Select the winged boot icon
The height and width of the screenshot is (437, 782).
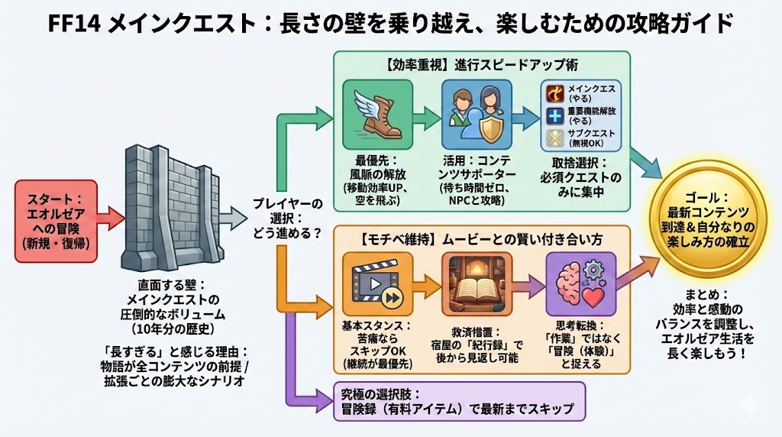[378, 114]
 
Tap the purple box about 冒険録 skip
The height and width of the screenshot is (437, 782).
[458, 401]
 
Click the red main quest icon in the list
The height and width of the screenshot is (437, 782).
[554, 93]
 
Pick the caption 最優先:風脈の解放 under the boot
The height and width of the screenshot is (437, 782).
[378, 167]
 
